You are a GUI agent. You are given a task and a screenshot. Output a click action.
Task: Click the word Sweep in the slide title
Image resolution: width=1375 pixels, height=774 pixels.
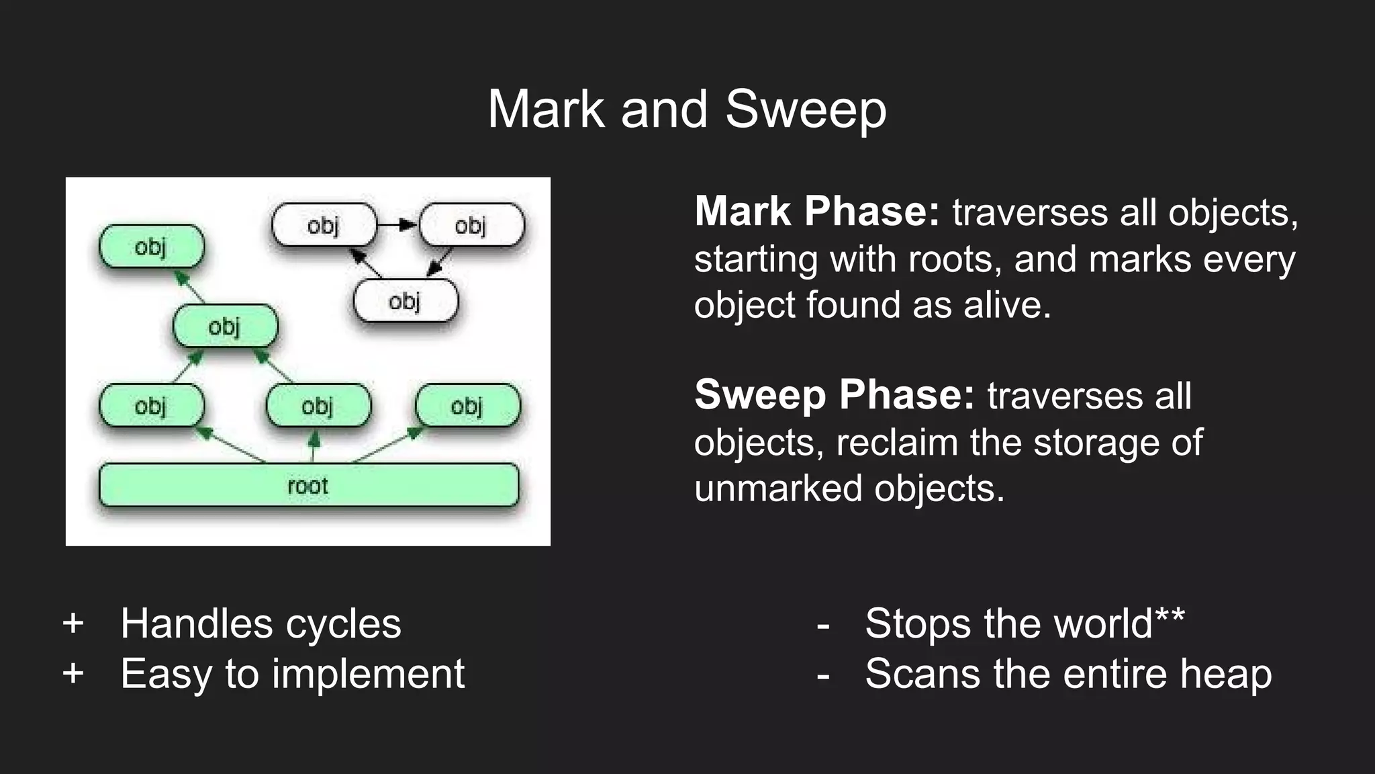coord(806,109)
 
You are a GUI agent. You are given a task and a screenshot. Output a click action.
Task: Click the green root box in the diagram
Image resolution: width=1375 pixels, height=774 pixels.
coord(309,485)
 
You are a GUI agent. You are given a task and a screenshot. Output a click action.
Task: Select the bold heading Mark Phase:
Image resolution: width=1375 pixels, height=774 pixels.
coord(816,211)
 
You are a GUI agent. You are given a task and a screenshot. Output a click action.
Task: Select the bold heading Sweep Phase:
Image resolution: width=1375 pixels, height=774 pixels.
coord(834,394)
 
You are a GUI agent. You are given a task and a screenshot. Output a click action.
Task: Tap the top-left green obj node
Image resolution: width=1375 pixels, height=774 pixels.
coord(151,247)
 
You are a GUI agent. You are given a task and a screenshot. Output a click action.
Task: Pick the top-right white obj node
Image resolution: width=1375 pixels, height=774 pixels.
coord(471,225)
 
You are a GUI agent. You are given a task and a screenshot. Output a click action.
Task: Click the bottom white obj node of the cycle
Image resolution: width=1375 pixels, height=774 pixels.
coord(405,301)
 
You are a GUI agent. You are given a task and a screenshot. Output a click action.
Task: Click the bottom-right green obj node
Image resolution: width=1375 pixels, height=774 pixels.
coord(467,406)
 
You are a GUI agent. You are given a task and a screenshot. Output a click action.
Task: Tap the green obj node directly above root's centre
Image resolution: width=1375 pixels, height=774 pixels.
coord(318,406)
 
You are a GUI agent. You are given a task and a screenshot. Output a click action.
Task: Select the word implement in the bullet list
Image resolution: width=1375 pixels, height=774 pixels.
coord(368,674)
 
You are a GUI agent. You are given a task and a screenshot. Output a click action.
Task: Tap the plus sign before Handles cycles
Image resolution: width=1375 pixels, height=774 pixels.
coord(73,623)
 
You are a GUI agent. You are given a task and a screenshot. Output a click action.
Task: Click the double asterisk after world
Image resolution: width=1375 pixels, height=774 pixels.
coord(1170,614)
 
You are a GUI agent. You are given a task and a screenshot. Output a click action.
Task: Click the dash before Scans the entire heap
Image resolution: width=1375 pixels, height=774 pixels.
coord(823,674)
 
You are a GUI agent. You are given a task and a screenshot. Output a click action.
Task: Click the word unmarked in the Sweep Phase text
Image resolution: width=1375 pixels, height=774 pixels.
coord(777,488)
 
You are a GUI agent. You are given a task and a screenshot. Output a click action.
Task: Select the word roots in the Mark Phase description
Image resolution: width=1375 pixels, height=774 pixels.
coord(949,259)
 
